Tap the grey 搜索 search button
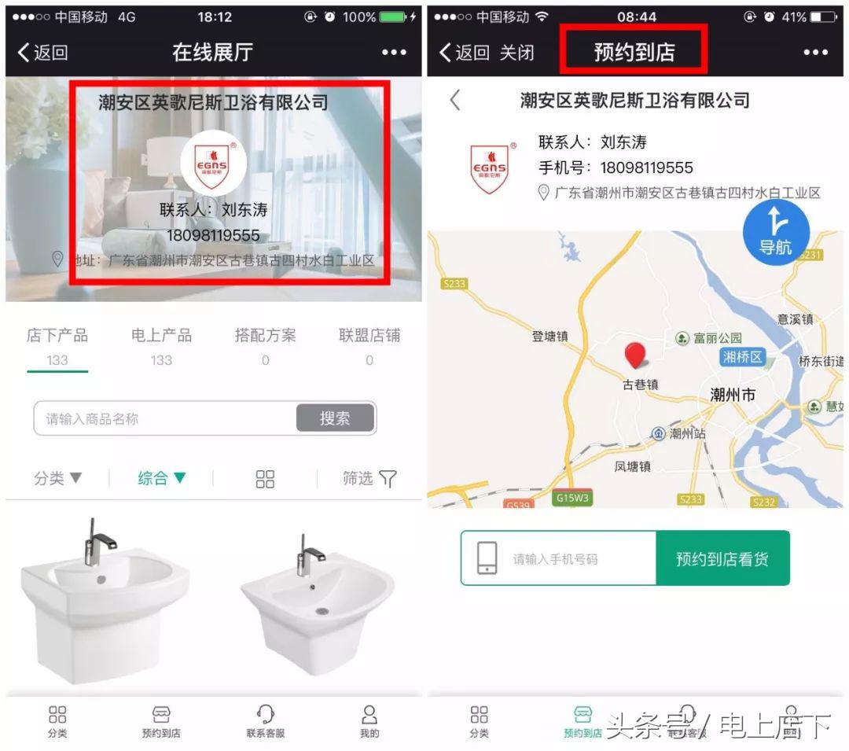(335, 418)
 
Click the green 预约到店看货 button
(722, 558)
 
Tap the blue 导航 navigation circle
(776, 233)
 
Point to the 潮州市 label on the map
(732, 395)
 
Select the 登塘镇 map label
(549, 337)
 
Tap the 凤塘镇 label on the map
(632, 466)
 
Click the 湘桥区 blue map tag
(742, 357)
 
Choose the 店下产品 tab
(57, 336)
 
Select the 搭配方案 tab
(265, 336)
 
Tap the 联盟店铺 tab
(369, 336)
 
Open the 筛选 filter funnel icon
(388, 479)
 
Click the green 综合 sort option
(162, 478)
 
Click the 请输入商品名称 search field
(165, 419)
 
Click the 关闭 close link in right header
(516, 53)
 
